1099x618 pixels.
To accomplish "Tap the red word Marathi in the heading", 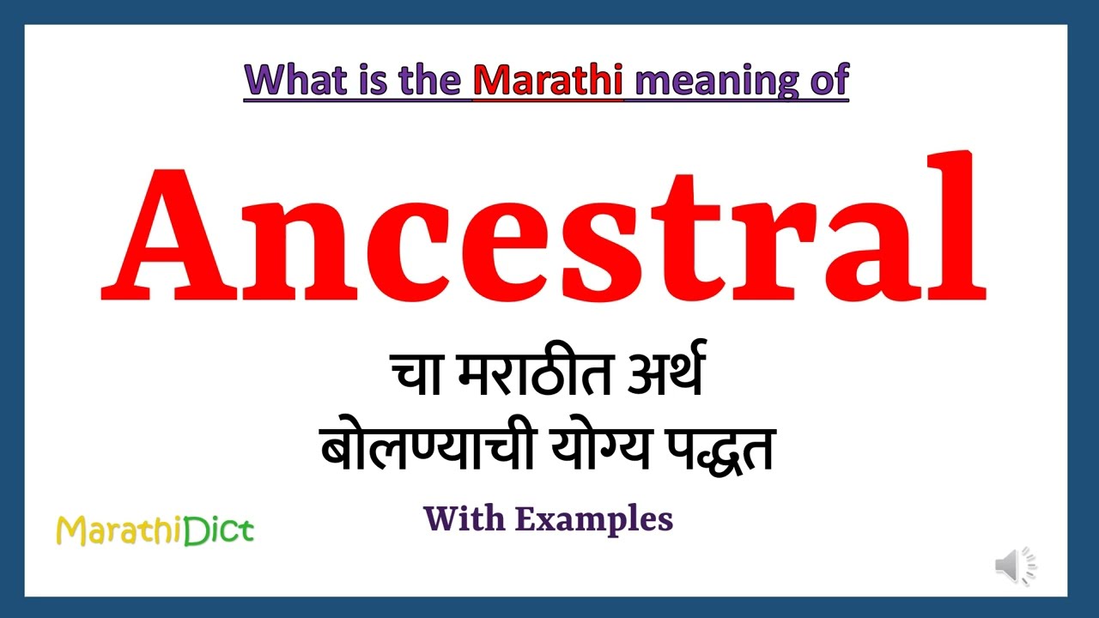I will pyautogui.click(x=548, y=80).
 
